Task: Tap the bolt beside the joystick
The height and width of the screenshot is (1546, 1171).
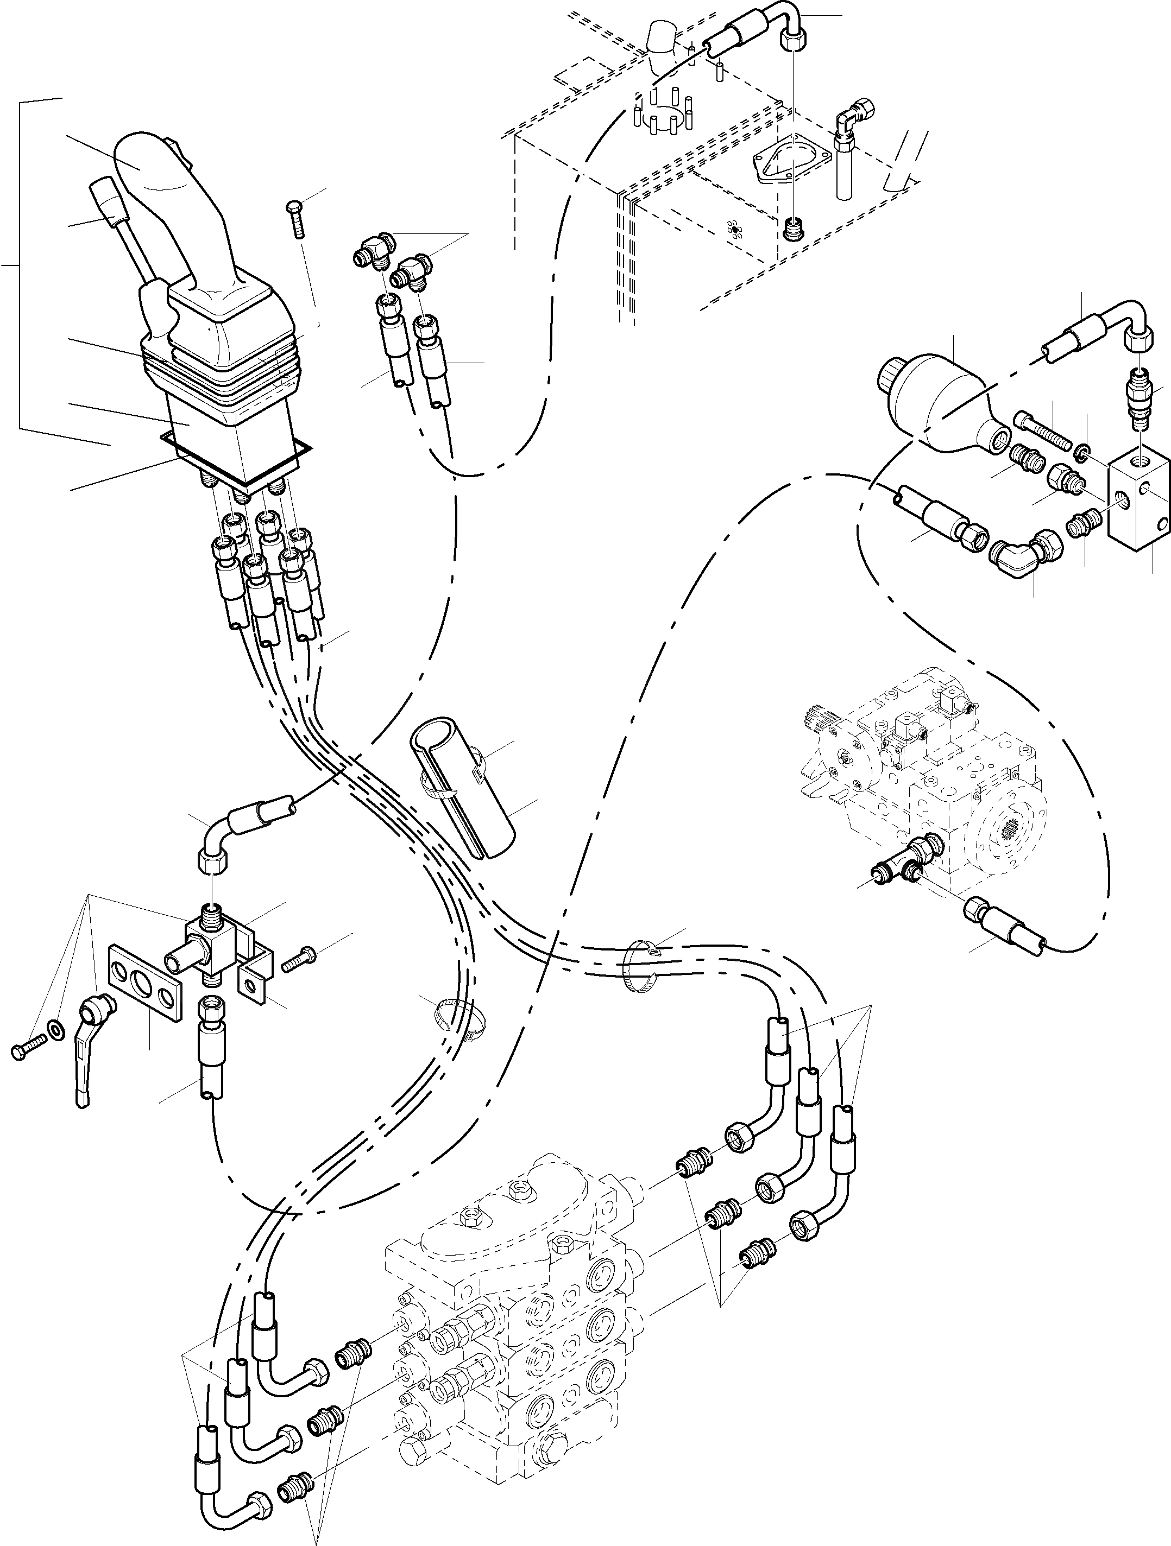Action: coord(297,218)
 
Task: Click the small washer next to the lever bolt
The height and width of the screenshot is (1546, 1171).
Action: coord(54,1029)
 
